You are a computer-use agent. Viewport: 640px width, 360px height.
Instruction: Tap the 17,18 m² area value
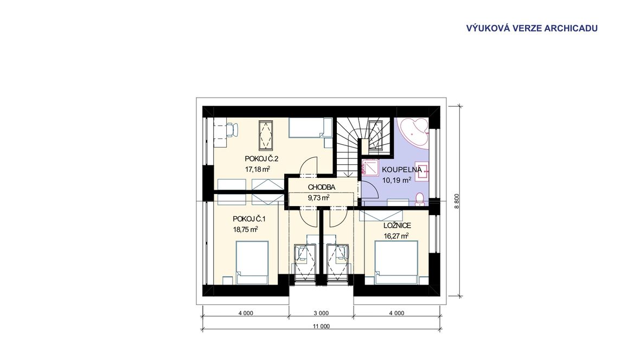258,169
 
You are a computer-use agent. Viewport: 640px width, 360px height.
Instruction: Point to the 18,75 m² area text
245,229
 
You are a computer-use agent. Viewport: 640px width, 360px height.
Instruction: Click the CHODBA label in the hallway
322,188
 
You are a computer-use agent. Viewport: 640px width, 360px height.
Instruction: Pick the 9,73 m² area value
318,198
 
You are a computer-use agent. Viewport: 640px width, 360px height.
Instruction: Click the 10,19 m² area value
396,180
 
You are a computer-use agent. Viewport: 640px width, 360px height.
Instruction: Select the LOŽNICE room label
397,226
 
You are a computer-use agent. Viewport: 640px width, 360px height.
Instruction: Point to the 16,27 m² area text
396,236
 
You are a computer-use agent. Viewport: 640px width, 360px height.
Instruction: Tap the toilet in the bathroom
419,199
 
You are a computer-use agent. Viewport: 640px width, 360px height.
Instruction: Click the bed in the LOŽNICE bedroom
396,262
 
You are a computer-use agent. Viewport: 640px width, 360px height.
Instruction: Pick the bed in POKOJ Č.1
252,262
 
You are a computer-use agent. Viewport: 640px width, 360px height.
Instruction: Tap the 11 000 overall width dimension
321,326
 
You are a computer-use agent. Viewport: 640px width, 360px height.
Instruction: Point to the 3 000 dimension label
321,313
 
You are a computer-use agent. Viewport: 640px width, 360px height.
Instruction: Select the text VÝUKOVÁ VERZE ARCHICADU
532,28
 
